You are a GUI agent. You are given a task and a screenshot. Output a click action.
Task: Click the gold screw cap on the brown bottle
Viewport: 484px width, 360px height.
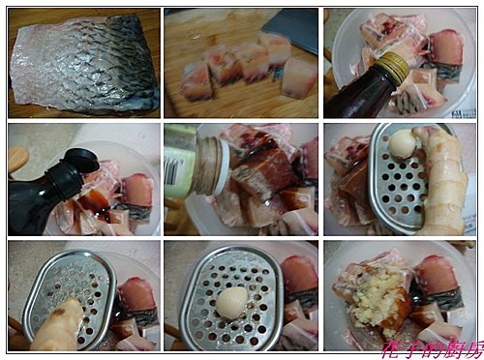[x=393, y=66]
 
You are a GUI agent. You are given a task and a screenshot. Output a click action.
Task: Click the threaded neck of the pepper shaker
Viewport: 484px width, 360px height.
[x=209, y=165]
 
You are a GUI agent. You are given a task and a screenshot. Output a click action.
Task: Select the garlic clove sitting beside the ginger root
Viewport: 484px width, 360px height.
[x=402, y=145]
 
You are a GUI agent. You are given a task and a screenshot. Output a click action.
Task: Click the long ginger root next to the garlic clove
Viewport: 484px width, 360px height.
[x=442, y=181]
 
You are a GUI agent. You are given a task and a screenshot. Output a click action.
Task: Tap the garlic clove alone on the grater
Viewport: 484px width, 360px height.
[x=231, y=303]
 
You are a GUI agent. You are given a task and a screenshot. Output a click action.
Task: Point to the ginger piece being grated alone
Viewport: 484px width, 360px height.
[x=58, y=325]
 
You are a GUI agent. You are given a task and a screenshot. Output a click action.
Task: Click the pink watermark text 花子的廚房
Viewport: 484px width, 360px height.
[x=433, y=349]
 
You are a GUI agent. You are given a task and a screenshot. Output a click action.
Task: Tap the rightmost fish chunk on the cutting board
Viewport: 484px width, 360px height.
[x=298, y=79]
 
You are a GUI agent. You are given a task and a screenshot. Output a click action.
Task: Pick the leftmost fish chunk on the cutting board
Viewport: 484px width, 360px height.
[x=197, y=80]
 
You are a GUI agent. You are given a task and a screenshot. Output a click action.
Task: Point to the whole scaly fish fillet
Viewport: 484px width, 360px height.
[x=84, y=64]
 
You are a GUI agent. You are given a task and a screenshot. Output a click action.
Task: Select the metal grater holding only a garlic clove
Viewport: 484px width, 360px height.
[x=231, y=298]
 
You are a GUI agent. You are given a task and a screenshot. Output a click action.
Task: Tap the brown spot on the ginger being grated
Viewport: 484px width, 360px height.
[x=60, y=312]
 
